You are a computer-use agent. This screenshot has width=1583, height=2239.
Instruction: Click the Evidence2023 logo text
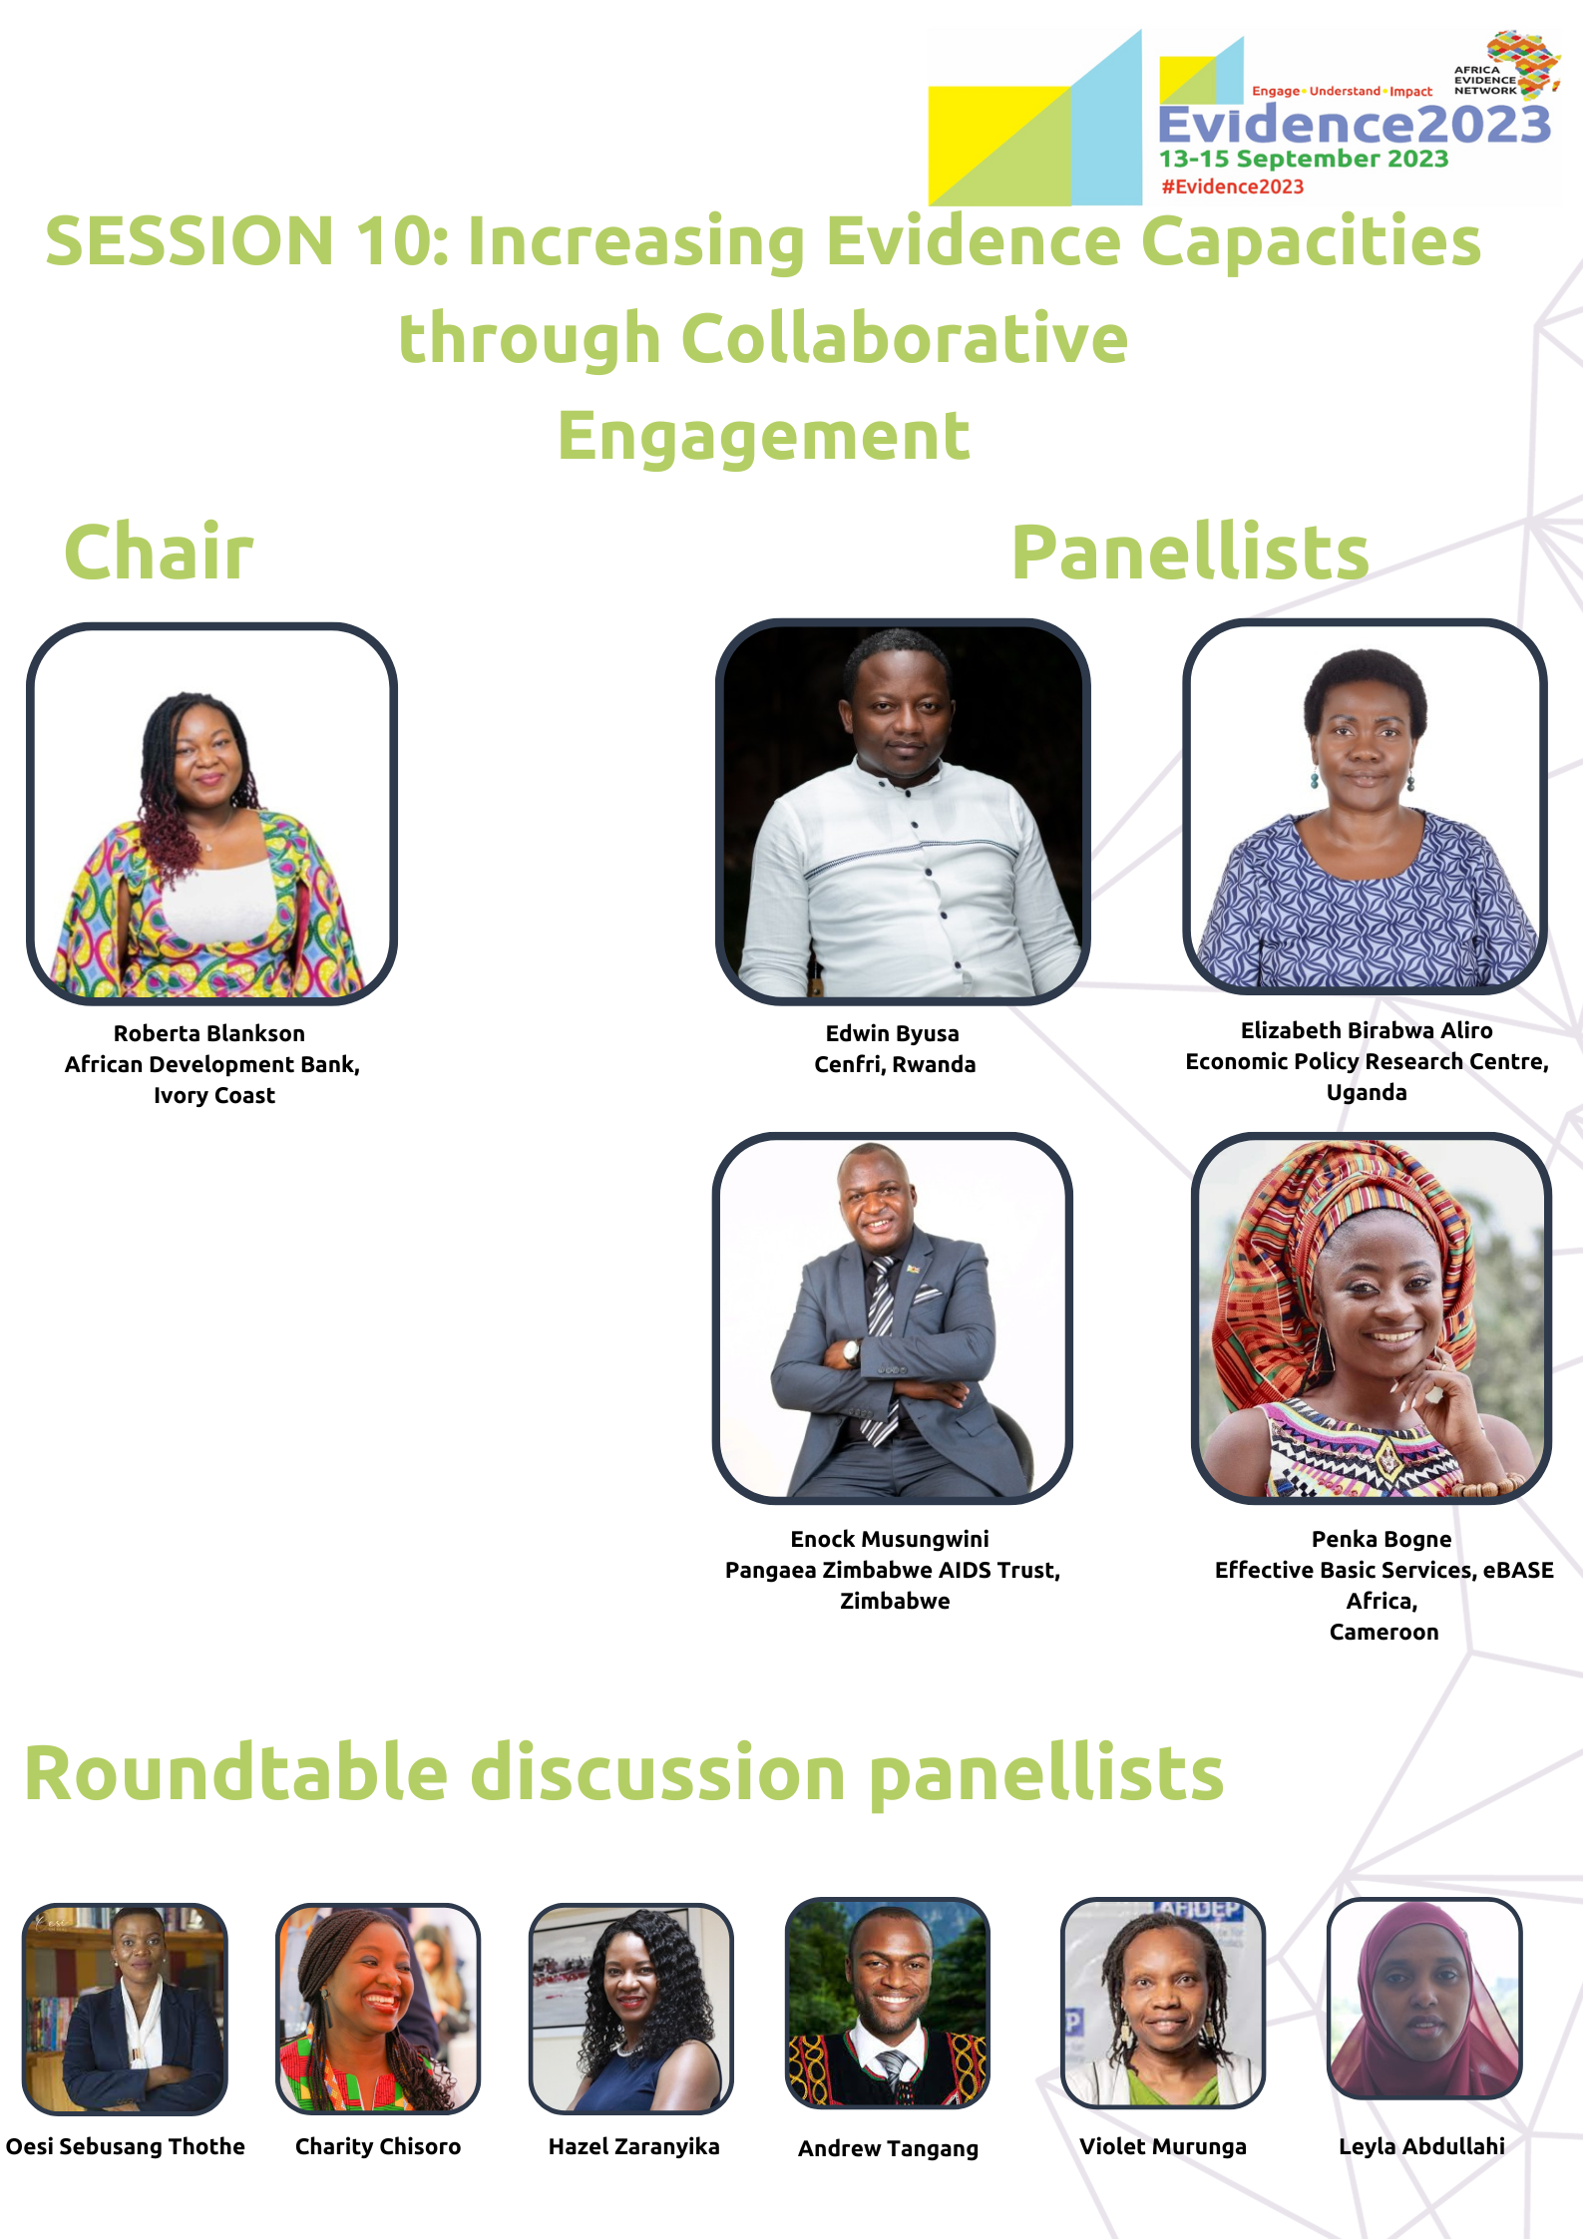click(1355, 126)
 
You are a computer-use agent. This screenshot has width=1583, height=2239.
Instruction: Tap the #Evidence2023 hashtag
click(1233, 187)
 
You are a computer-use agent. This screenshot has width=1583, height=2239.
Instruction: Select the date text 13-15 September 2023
click(1304, 159)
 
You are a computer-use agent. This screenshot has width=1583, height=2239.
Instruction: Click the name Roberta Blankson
click(209, 1033)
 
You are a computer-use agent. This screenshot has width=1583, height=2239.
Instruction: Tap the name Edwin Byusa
click(893, 1033)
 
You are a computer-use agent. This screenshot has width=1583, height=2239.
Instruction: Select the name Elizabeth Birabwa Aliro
click(1367, 1030)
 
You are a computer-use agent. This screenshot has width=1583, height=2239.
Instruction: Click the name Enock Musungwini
click(890, 1539)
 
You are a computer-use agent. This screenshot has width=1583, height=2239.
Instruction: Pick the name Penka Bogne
click(1382, 1539)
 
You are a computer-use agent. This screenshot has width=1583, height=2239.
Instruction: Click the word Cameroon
click(1384, 1632)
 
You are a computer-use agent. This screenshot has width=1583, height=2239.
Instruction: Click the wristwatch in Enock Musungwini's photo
click(851, 1351)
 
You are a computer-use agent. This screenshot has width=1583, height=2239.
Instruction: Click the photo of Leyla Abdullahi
click(1424, 1998)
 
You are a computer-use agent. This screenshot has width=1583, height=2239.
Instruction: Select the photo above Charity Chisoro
click(378, 2008)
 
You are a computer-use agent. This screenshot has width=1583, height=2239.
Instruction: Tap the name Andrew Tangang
click(888, 2148)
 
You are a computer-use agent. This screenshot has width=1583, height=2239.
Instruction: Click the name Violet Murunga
click(1163, 2146)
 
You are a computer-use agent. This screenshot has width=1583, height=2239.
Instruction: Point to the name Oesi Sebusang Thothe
click(126, 2146)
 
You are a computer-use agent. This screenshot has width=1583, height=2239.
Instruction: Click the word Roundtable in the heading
click(236, 1773)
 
